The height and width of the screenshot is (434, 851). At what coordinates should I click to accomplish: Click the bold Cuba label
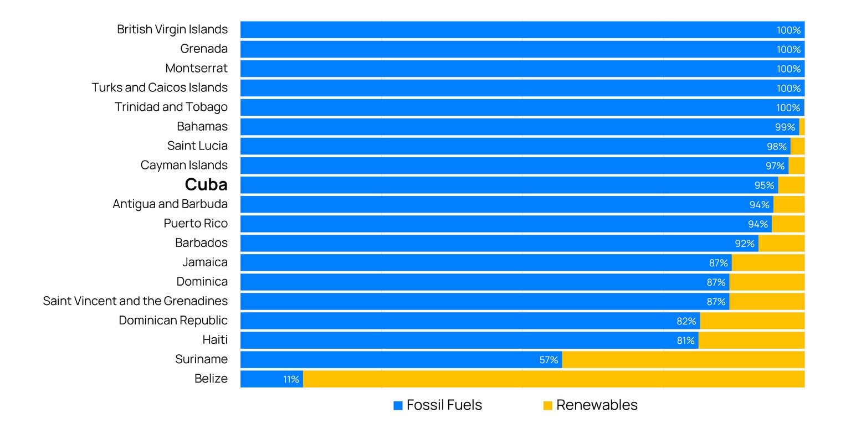point(206,185)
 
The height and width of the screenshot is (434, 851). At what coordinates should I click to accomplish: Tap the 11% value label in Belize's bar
point(291,379)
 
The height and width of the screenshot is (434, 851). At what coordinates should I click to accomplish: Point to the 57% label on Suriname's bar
point(548,360)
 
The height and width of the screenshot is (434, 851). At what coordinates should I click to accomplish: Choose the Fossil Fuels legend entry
point(437,405)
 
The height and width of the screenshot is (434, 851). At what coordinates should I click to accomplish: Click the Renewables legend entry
point(590,405)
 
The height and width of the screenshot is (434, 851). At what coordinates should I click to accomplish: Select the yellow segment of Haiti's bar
point(751,340)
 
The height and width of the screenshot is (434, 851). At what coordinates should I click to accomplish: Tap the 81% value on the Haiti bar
point(685,340)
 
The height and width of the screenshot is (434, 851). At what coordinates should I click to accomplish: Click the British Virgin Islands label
point(172,29)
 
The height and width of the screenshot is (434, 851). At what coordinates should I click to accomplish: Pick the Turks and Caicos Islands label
point(160,87)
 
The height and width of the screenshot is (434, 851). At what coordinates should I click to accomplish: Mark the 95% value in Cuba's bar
point(764,185)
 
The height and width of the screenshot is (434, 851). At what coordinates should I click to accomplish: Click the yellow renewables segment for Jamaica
point(767,263)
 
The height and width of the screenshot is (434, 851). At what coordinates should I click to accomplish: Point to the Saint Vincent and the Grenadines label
point(135,301)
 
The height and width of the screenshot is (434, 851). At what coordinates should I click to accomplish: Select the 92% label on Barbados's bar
point(745,244)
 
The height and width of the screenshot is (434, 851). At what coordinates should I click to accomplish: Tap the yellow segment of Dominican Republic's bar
point(752,321)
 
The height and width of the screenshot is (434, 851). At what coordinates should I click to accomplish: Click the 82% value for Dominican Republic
point(686,321)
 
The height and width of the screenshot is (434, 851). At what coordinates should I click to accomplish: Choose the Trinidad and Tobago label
point(171,107)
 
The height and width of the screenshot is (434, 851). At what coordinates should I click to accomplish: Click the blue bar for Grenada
point(499,49)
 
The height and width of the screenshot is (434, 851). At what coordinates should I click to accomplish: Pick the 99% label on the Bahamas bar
point(785,127)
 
